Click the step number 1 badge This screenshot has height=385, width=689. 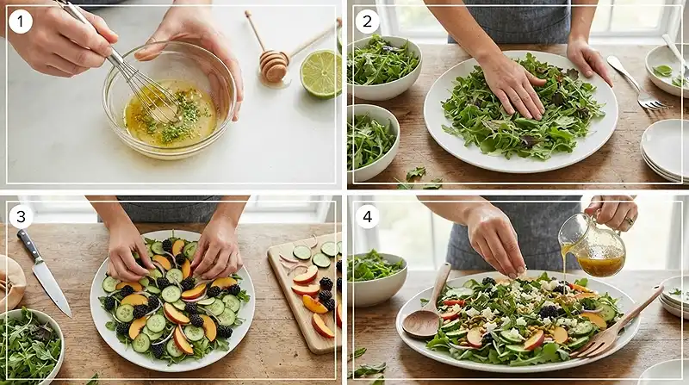click(21, 22)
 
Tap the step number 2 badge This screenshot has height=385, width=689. click(367, 22)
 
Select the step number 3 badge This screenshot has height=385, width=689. click(21, 216)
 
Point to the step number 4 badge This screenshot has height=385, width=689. click(367, 216)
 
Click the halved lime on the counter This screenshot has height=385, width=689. click(320, 74)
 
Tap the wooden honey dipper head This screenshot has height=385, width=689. click(273, 66)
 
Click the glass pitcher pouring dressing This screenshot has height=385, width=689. click(592, 245)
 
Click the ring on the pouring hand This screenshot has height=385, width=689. click(629, 221)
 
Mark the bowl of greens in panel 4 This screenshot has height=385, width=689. click(376, 277)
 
